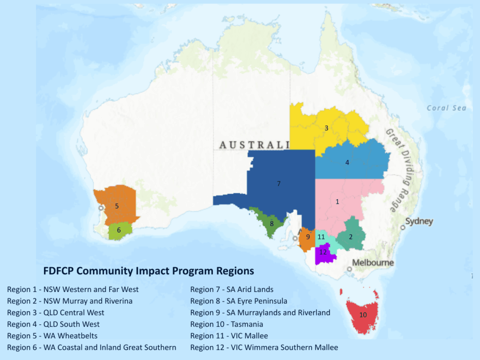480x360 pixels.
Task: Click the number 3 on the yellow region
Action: click(x=326, y=127)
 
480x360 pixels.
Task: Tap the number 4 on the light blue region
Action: click(x=347, y=163)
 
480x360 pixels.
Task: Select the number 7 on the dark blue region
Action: click(x=278, y=183)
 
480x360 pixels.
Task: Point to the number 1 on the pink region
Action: click(x=337, y=202)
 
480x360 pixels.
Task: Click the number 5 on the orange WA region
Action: click(x=117, y=206)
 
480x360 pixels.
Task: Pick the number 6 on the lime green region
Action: click(x=119, y=230)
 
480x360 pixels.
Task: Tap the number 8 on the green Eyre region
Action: click(x=271, y=224)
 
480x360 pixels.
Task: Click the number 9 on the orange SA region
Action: click(x=308, y=237)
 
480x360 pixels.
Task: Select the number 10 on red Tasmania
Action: click(x=363, y=315)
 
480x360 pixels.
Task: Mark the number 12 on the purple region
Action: click(x=323, y=252)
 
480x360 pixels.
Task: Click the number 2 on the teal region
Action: click(x=350, y=237)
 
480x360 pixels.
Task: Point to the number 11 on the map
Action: click(x=321, y=237)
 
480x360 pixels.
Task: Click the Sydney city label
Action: click(x=419, y=221)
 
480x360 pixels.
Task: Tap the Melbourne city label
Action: click(x=373, y=262)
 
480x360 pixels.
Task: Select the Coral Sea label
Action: click(x=446, y=108)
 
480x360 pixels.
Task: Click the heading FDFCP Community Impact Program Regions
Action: click(x=149, y=271)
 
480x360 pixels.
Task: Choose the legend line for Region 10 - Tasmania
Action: click(x=226, y=324)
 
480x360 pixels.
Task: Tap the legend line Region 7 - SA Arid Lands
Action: click(x=232, y=289)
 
